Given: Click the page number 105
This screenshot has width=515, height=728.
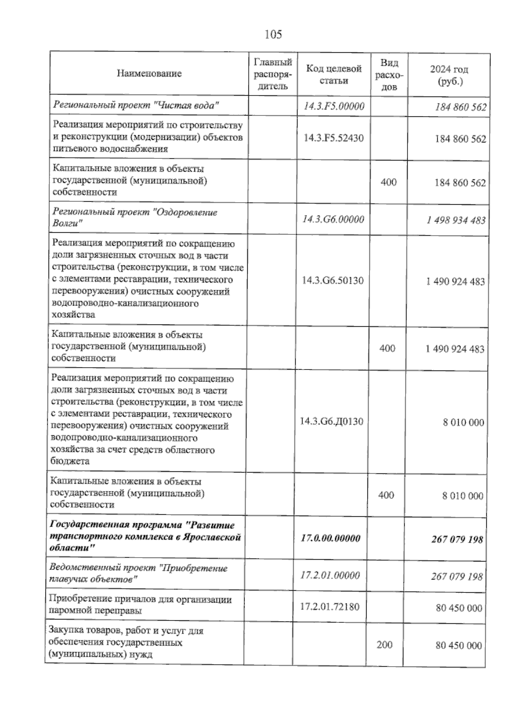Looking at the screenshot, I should click(x=273, y=34).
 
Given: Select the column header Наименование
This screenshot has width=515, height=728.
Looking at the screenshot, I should click(x=149, y=73).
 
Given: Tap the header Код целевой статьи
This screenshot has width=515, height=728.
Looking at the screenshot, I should click(x=333, y=74).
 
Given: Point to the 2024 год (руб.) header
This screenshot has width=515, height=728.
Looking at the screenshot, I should click(x=449, y=75).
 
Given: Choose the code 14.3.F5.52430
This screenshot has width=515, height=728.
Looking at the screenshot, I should click(x=333, y=138).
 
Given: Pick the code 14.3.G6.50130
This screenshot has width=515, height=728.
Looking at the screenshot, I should click(x=333, y=281).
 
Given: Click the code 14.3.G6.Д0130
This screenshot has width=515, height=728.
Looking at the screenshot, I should click(x=331, y=422).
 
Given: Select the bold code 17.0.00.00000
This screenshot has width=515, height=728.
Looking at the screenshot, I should click(x=330, y=538).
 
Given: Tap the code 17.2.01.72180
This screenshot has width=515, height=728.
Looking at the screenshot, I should click(x=330, y=607).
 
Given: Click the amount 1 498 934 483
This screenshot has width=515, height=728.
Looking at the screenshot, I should click(x=456, y=220).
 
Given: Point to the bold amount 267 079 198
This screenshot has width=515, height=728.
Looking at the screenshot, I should click(x=457, y=539).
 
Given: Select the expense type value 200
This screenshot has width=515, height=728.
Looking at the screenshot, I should click(x=384, y=645).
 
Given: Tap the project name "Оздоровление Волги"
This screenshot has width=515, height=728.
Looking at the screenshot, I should click(x=135, y=218).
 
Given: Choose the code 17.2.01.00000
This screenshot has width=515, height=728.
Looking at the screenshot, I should click(x=330, y=575).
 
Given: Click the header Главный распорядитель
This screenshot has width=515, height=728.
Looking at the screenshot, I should click(x=273, y=74).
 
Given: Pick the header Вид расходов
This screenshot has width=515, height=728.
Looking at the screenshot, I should click(x=389, y=75).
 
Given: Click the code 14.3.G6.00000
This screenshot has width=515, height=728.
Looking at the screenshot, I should click(x=333, y=219).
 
